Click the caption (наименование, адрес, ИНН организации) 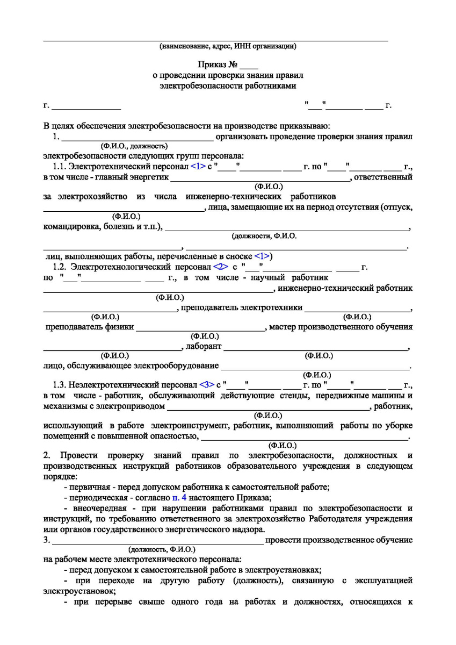[x=228, y=47]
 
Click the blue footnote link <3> [x=207, y=385]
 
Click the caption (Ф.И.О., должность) [x=134, y=146]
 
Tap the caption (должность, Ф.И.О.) [x=162, y=550]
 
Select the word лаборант [x=203, y=346]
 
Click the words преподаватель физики [x=89, y=326]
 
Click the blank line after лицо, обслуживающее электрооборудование [x=315, y=367]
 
